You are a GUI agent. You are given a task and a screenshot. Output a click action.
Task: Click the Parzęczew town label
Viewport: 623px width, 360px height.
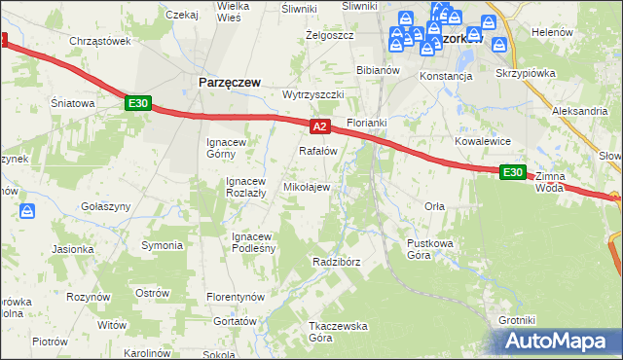[230, 83]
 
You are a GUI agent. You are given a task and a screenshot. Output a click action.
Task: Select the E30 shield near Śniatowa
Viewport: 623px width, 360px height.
[137, 103]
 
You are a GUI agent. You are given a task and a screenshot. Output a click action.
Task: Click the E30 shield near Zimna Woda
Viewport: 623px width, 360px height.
[513, 172]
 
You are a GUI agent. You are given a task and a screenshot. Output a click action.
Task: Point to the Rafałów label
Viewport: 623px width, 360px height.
[317, 151]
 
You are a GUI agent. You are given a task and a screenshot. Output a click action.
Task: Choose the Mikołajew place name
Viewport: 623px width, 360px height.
[306, 186]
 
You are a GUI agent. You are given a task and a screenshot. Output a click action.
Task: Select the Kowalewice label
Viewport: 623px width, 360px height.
[483, 141]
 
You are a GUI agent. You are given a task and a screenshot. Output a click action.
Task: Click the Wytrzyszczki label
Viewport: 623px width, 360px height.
[313, 94]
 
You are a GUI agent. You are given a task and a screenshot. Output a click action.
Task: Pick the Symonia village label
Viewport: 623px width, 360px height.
[163, 244]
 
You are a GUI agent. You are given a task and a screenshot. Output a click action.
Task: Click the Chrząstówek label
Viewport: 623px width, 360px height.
[99, 41]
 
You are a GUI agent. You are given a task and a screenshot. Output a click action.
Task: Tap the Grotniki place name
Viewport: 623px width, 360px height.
[517, 320]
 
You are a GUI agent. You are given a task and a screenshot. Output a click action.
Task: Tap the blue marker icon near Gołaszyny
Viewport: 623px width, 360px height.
[28, 210]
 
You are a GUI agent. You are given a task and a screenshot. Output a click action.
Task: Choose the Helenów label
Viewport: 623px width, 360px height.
[552, 32]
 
